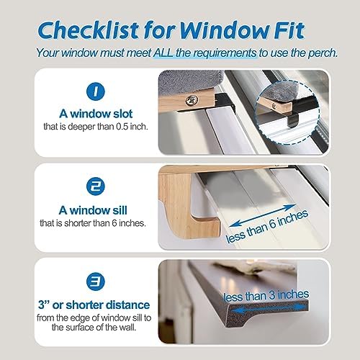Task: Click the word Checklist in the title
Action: (x=88, y=30)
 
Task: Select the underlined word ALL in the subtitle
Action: (x=163, y=53)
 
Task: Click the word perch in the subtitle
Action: (x=323, y=53)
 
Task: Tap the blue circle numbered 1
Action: (x=96, y=91)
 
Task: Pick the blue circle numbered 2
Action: (x=96, y=186)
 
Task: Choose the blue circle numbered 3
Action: (x=96, y=282)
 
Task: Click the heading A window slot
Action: (x=96, y=114)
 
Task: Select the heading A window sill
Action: (x=93, y=210)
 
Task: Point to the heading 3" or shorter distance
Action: (x=94, y=305)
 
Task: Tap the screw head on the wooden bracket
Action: (x=192, y=99)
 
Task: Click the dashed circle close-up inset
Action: (x=287, y=113)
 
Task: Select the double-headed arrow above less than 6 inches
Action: (x=262, y=215)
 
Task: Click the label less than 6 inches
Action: (x=267, y=226)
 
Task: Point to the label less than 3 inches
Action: (x=266, y=295)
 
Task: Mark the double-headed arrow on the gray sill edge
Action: (x=269, y=309)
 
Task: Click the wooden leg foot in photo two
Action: (x=206, y=226)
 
